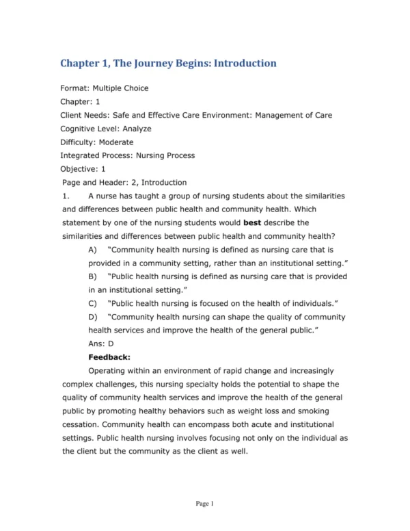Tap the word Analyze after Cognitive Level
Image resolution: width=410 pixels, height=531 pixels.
137,129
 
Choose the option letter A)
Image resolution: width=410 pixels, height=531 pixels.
93,250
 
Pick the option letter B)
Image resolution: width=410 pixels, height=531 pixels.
93,276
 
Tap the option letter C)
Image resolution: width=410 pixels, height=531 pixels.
93,303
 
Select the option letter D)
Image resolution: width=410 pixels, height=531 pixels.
93,317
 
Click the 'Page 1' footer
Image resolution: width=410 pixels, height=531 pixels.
205,504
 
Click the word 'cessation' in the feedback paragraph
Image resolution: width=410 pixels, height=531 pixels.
81,424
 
